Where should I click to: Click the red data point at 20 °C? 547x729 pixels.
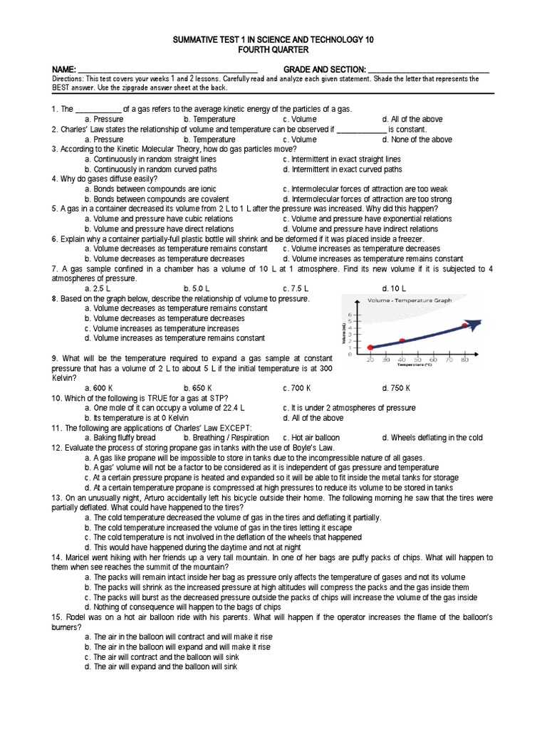click(x=370, y=347)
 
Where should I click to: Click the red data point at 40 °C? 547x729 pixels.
click(x=402, y=340)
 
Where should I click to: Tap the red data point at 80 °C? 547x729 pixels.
click(x=465, y=325)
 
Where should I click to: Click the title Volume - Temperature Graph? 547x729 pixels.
click(x=402, y=300)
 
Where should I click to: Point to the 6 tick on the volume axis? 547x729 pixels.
click(x=349, y=313)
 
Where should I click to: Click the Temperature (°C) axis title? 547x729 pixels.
click(x=417, y=367)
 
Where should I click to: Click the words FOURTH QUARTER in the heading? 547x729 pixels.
click(x=273, y=51)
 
